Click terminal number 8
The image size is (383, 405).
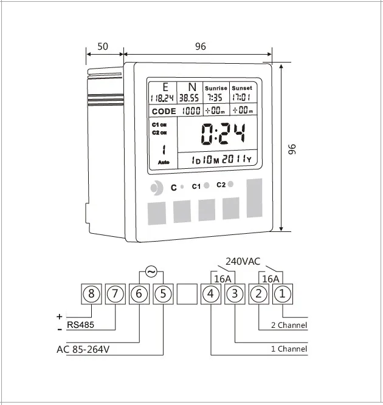pyautogui.click(x=91, y=294)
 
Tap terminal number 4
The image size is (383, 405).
pyautogui.click(x=210, y=294)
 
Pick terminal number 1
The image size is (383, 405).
pyautogui.click(x=283, y=294)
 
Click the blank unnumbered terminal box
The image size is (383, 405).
pyautogui.click(x=187, y=294)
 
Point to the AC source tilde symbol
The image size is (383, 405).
pyautogui.click(x=151, y=271)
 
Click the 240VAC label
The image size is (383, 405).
pyautogui.click(x=243, y=262)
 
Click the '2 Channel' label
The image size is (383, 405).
pyautogui.click(x=289, y=325)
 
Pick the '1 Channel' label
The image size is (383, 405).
pyautogui.click(x=289, y=349)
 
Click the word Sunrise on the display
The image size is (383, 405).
pyautogui.click(x=215, y=88)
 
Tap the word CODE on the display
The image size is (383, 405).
pyautogui.click(x=164, y=111)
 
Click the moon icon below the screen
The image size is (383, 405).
pyautogui.click(x=157, y=187)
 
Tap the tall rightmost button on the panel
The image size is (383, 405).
pyautogui.click(x=254, y=198)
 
